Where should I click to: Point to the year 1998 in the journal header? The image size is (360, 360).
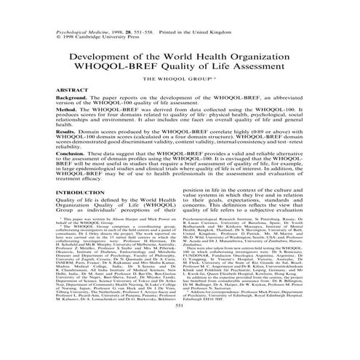point(113,12)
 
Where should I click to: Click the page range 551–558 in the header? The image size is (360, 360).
point(148,12)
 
